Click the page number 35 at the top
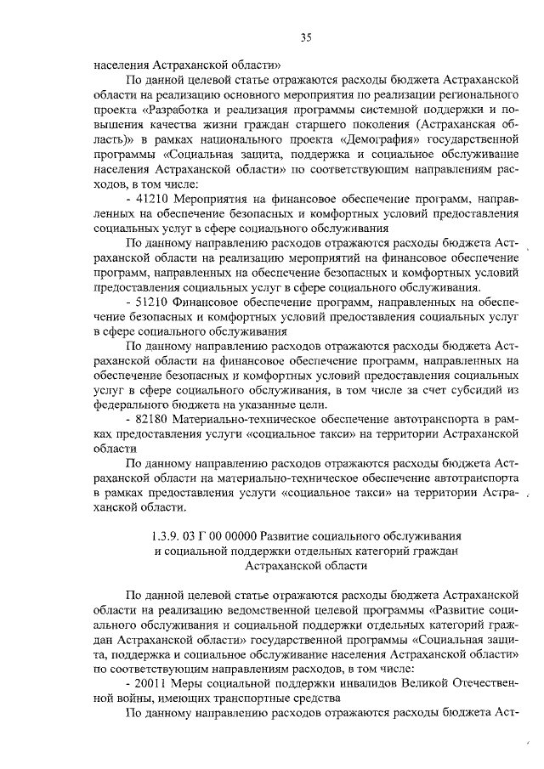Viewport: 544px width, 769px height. point(307,37)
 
